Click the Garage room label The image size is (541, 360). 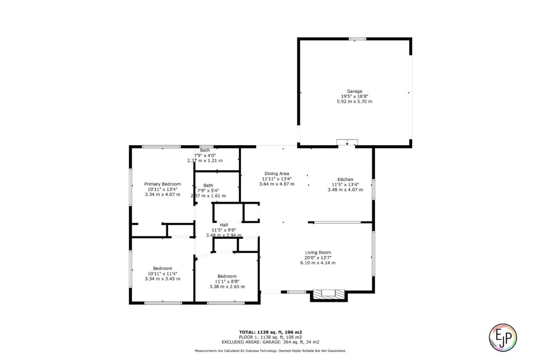[x=354, y=91]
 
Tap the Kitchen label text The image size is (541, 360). [x=345, y=179]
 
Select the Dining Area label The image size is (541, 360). [x=277, y=173]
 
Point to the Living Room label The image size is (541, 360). [x=317, y=253]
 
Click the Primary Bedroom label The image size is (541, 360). [x=162, y=184]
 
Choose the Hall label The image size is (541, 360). [x=224, y=225]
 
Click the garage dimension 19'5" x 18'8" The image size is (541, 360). [x=354, y=96]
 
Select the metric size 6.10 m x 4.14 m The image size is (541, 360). [x=317, y=263]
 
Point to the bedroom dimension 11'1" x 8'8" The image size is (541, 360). [x=227, y=282]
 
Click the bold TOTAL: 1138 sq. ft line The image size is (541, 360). [x=270, y=332]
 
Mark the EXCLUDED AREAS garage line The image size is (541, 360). [x=270, y=342]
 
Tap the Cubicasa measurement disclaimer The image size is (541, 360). [x=270, y=351]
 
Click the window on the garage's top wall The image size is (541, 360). [x=357, y=39]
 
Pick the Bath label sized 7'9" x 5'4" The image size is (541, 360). [x=208, y=185]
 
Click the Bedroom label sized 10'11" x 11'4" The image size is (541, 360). [x=162, y=268]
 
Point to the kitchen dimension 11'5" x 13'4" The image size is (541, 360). [x=345, y=185]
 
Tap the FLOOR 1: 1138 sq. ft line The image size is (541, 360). [x=270, y=337]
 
